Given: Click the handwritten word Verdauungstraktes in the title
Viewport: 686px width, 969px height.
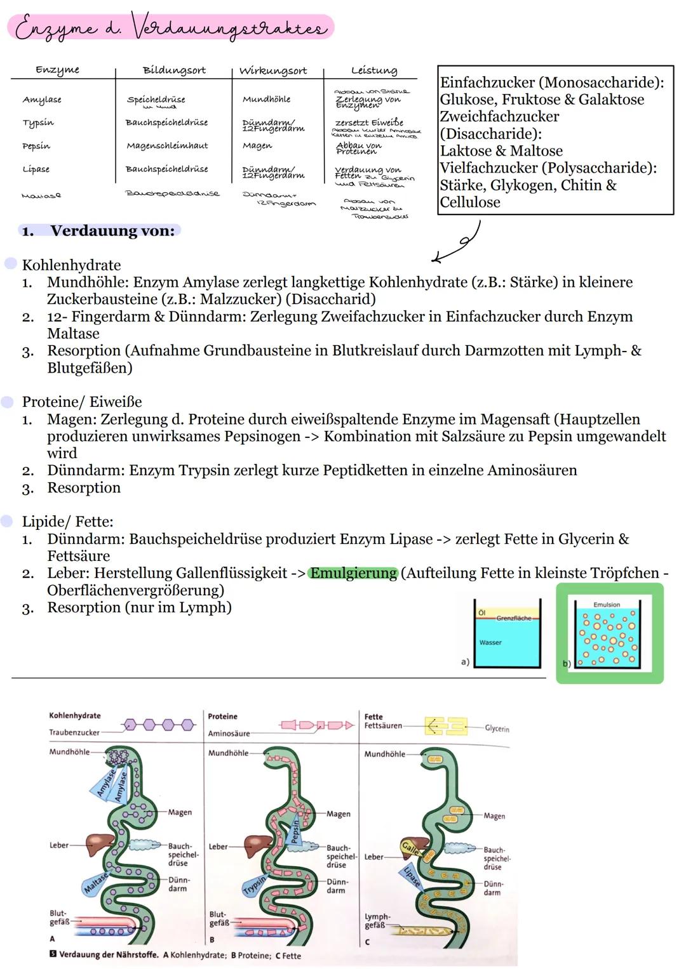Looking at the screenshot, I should coord(229,29).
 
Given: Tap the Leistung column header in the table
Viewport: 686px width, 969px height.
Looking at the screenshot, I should coord(373,70).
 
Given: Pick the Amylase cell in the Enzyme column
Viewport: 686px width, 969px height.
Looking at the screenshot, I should coord(42,100).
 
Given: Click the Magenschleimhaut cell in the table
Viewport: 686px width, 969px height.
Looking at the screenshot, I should coord(167,146).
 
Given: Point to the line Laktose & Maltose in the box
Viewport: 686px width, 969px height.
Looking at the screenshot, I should coord(501,151).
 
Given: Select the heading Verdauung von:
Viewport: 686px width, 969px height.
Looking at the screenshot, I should coord(112,231).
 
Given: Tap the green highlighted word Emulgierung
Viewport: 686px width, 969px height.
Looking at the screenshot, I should coord(353,574).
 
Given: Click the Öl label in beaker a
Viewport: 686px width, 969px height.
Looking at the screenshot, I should coord(481,612).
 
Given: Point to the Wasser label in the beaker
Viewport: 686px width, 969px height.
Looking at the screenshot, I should coord(490,642).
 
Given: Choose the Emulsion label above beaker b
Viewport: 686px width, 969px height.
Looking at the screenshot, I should coord(606,605).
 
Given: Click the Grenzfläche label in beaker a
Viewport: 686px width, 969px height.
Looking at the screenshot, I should coord(513,618).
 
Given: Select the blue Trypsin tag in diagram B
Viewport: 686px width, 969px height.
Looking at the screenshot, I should coord(255,884).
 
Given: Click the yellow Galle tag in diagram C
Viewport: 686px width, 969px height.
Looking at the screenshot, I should coord(410,848).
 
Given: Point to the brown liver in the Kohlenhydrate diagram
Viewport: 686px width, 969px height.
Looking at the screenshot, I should coord(98,844).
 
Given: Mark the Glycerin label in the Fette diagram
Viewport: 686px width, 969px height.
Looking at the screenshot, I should coord(497,728).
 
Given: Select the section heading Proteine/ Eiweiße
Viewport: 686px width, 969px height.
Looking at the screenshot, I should coord(82,402).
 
